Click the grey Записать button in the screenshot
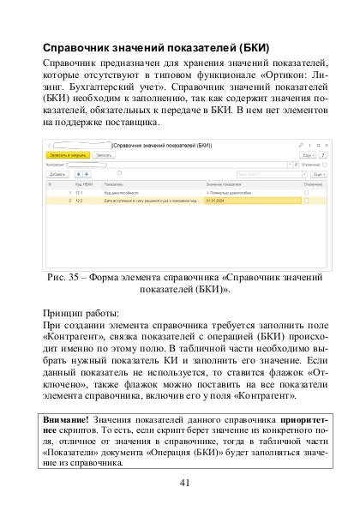(105, 154)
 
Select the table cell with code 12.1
(79, 195)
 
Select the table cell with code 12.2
(79, 201)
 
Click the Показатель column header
(114, 183)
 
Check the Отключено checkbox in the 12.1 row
(306, 195)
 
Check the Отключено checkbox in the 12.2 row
(306, 201)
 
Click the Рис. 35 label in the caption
(65, 279)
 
